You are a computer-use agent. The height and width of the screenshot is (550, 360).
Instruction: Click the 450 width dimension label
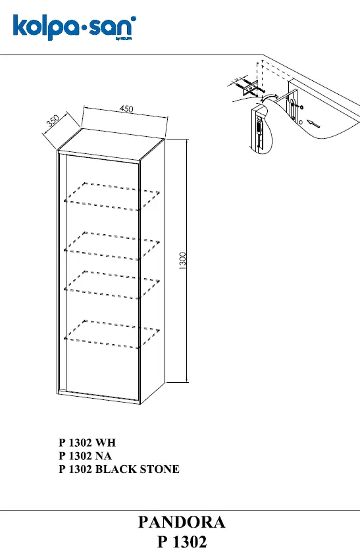tap(126, 109)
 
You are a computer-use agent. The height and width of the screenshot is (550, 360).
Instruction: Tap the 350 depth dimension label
tap(53, 120)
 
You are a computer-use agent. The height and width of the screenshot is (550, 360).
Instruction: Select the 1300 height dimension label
tap(182, 261)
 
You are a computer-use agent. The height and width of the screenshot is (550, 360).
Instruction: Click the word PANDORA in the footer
tap(182, 522)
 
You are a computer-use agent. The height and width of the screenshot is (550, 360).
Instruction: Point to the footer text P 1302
tap(182, 541)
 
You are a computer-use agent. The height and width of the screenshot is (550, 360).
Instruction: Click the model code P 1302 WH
tap(87, 443)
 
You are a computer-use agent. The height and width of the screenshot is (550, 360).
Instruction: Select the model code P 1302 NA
tap(85, 456)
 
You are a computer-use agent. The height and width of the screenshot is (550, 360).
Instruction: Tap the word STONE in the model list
tap(160, 469)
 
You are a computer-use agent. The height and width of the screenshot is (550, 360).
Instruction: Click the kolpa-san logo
tap(74, 28)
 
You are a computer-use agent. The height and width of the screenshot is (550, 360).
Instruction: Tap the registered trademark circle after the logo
tap(134, 18)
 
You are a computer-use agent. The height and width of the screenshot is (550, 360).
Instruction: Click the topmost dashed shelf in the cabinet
tap(112, 197)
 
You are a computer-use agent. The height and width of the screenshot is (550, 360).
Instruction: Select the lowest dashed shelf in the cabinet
tap(112, 334)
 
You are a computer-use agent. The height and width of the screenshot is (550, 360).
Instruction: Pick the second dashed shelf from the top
tap(112, 246)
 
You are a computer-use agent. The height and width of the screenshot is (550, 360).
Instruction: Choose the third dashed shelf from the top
tap(112, 285)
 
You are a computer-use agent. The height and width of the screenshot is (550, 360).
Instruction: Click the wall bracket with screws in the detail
tap(250, 87)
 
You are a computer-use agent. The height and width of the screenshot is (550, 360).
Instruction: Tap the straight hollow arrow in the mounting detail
tap(314, 123)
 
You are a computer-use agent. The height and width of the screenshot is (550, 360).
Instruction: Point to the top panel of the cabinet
tap(111, 144)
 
